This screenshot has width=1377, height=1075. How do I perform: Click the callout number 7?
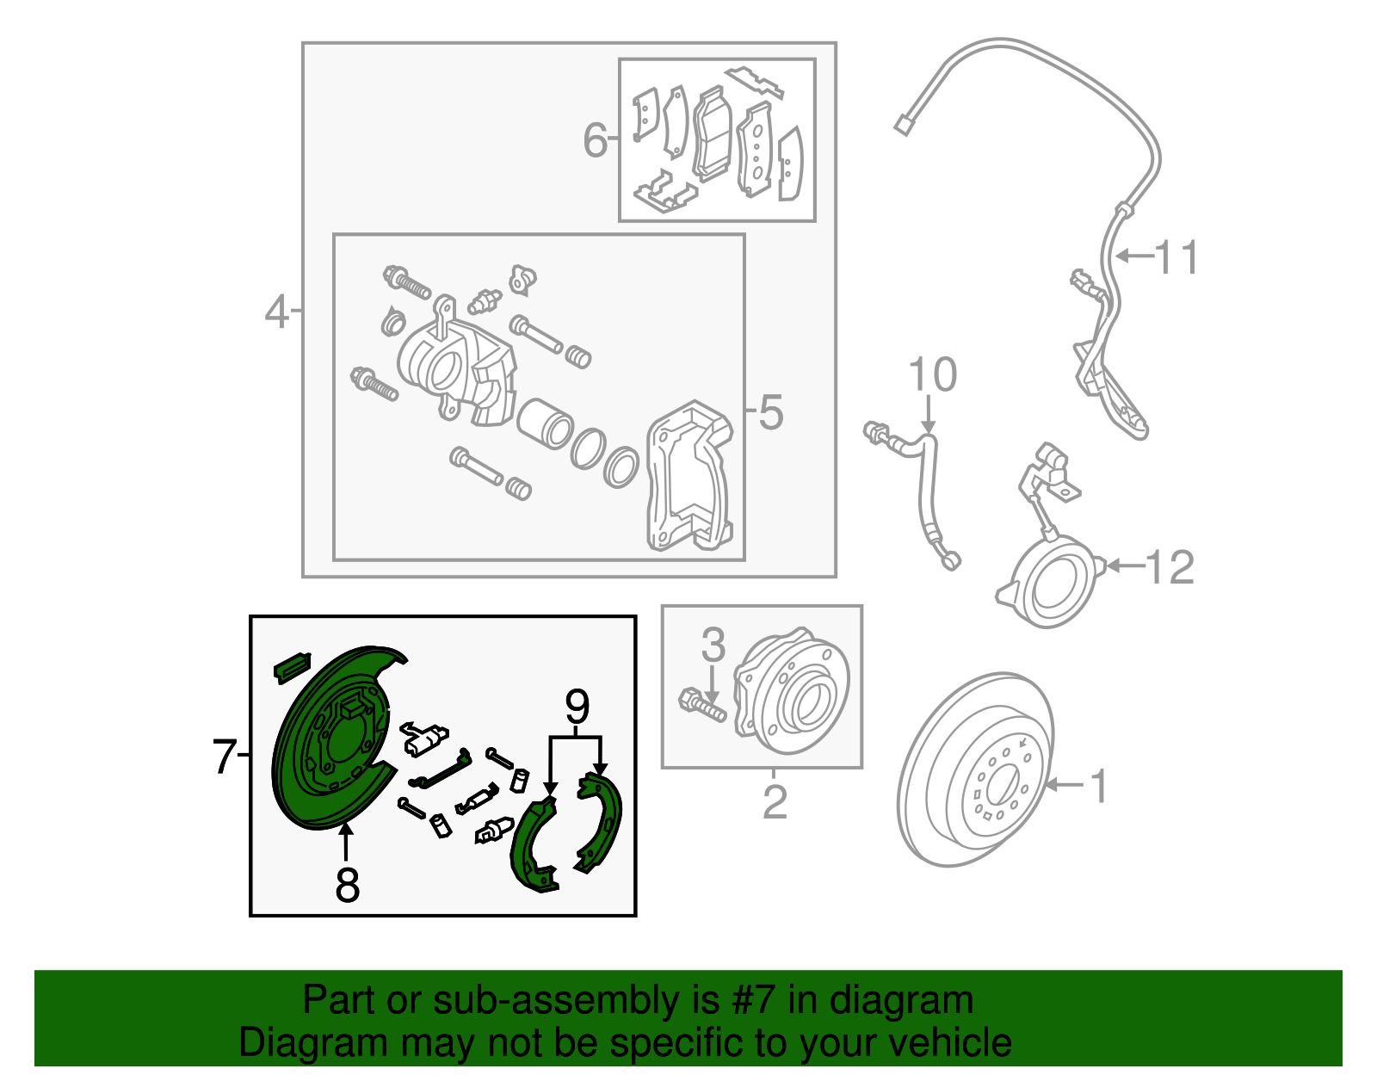[x=224, y=757]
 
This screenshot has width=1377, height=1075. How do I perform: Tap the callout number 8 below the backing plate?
[x=347, y=884]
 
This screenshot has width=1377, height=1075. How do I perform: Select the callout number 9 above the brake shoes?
[x=577, y=707]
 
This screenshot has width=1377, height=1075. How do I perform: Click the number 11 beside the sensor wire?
[x=1176, y=257]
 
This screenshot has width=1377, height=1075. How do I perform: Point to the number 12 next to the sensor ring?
[x=1170, y=567]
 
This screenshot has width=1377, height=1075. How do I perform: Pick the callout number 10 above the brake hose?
[x=932, y=375]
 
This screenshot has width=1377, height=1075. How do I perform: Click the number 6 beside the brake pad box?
[x=596, y=140]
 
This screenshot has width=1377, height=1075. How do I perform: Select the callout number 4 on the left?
[x=276, y=312]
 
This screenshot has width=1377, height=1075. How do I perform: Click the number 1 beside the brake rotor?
[x=1098, y=786]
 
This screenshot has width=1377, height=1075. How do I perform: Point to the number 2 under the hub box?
[x=775, y=801]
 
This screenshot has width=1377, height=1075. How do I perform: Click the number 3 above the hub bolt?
[x=713, y=645]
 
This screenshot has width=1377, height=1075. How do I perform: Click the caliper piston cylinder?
[x=545, y=423]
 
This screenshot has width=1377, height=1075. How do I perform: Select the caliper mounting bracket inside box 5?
[x=690, y=478]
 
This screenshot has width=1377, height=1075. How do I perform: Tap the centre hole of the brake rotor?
[x=1001, y=786]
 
